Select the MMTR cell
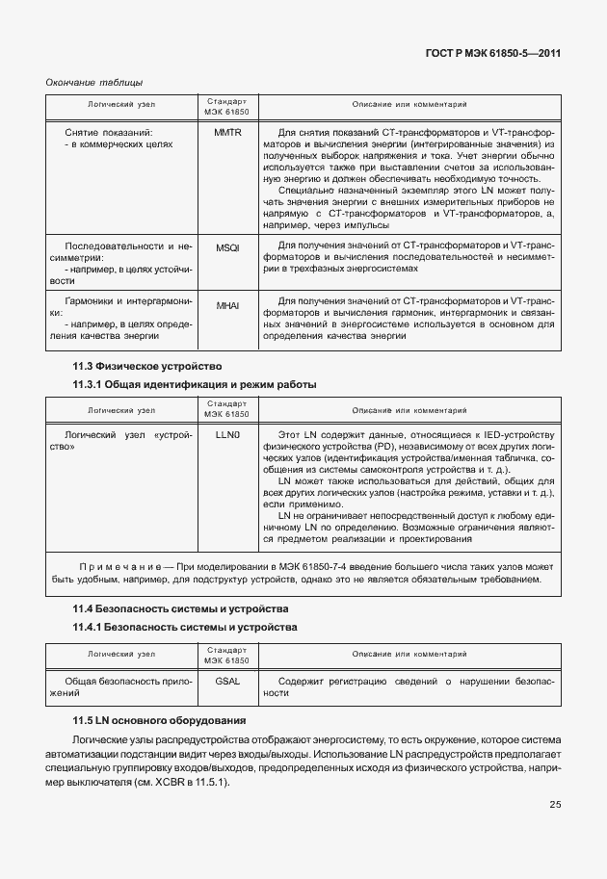227,132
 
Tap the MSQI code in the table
227,246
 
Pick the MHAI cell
227,305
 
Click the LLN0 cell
227,435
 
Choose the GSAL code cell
227,681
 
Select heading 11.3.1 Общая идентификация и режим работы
195,385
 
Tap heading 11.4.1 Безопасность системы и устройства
185,628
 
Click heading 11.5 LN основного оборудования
160,720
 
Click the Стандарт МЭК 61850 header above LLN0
227,408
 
